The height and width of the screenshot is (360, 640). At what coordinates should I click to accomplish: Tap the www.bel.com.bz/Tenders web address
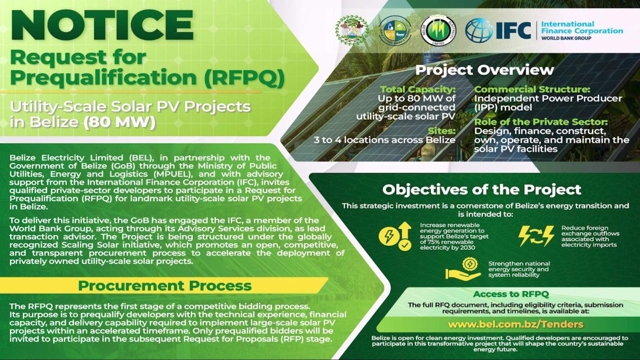tap(515, 324)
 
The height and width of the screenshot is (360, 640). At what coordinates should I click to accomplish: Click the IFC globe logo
tap(479, 31)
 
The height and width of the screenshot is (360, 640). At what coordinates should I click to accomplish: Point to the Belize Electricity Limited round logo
tap(438, 31)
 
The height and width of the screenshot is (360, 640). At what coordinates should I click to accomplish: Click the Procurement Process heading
tap(164, 286)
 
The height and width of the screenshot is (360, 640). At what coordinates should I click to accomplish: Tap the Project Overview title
tap(484, 70)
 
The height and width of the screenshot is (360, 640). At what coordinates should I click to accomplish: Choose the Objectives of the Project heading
tap(481, 190)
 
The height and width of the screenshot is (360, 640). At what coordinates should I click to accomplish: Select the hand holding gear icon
tap(463, 270)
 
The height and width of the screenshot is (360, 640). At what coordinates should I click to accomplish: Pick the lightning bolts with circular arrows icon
tap(536, 236)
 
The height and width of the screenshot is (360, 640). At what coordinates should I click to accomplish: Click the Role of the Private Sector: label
tap(541, 122)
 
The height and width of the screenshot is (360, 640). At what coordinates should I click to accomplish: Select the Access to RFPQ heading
tap(511, 295)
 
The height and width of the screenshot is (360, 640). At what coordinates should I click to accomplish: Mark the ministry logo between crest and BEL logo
tap(395, 31)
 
